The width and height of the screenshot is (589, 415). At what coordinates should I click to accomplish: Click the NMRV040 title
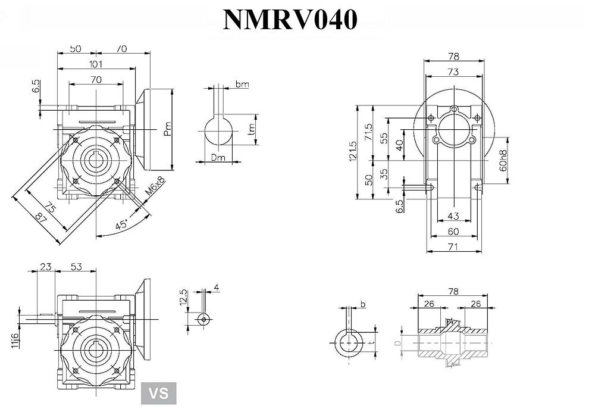[x=290, y=20]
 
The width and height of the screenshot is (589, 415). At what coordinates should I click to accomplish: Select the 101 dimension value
[x=96, y=64]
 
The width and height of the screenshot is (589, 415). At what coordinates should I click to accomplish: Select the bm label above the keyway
[x=242, y=85]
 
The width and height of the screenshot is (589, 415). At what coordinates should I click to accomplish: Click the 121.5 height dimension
[x=353, y=152]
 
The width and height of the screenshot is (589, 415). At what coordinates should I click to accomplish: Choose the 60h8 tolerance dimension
[x=503, y=160]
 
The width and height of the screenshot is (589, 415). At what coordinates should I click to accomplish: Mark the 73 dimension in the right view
[x=453, y=71]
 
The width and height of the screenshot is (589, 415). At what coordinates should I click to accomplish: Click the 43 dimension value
[x=453, y=216]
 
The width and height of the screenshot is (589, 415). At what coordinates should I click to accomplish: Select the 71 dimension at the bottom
[x=453, y=245]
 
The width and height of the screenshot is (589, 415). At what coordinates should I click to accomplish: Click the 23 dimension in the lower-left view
[x=45, y=266]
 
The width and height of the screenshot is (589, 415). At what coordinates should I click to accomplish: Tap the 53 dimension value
[x=77, y=266]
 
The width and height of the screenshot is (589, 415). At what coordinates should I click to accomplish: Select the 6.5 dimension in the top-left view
[x=36, y=87]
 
